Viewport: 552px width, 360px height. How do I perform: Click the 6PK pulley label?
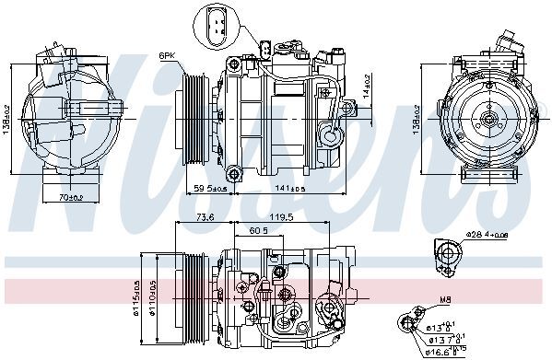point(167,55)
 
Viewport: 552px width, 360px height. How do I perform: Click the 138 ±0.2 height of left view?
point(9,118)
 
